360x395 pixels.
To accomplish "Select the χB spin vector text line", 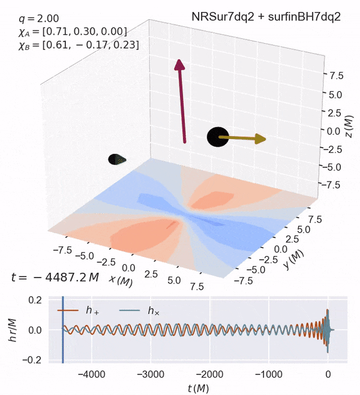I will coord(80,45).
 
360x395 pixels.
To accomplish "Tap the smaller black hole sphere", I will coord(115,159).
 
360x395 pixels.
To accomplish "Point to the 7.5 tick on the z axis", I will coord(335,76).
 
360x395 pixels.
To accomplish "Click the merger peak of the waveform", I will coord(328,312).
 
